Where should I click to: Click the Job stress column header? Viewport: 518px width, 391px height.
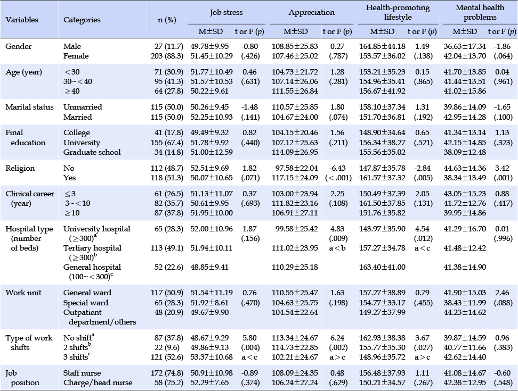226,13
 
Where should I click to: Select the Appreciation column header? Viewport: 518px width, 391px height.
312,13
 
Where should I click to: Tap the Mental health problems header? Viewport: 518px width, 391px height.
480,12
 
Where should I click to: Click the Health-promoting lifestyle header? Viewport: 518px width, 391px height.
398,12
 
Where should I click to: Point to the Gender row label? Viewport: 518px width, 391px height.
19,46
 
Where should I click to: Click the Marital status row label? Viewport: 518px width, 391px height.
29,107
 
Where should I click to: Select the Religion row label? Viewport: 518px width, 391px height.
20,168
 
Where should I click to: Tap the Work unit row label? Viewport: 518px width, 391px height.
23,293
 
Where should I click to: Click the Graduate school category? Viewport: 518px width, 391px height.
92,152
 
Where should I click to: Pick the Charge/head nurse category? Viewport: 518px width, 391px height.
98,382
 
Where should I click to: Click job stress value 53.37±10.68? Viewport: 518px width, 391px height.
212,357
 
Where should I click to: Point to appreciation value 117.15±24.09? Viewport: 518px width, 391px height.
295,178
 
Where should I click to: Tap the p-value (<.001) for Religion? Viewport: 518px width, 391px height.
338,178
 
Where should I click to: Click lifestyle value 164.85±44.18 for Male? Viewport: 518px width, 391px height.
382,46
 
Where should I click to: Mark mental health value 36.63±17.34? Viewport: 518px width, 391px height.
465,46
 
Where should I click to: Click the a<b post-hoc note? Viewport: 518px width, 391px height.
337,248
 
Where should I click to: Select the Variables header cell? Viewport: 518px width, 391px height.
22,20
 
